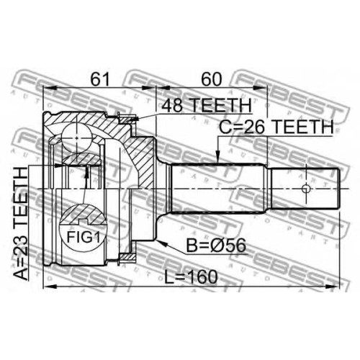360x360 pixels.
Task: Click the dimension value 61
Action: coord(99,79)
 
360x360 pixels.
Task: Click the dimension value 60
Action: coord(211,79)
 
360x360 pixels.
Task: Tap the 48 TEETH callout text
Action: coord(203,105)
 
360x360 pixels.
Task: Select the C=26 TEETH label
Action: coord(276,127)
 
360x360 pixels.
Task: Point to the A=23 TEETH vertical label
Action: coord(21,223)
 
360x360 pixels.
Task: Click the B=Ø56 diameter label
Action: coord(216,246)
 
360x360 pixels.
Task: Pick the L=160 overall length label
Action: coord(191,276)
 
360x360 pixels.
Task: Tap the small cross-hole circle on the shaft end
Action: coord(306,189)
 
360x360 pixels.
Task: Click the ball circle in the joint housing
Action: coord(76,138)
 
